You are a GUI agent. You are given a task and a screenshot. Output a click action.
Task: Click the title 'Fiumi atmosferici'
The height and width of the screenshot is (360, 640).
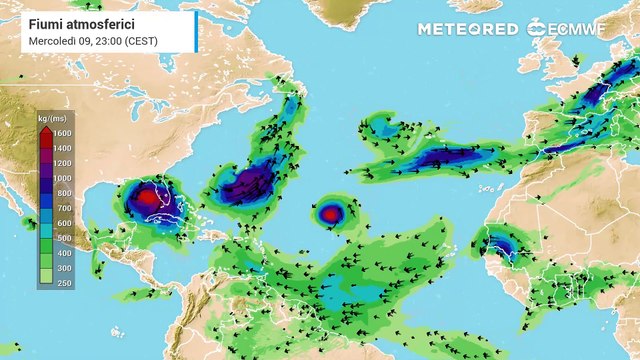77,22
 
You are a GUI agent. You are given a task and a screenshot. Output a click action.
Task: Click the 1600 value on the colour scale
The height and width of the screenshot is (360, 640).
63,133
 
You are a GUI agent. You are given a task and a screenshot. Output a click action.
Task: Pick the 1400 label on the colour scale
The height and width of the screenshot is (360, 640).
63,148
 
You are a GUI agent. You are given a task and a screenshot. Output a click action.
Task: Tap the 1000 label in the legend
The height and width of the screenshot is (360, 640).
63,177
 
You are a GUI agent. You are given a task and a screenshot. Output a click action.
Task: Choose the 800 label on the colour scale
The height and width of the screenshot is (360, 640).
63,192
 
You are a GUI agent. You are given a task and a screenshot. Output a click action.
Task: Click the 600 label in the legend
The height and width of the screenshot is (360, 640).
63,223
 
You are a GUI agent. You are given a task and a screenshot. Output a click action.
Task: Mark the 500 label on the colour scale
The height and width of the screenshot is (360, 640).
63,238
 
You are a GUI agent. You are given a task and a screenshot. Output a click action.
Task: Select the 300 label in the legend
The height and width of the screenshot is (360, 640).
63,268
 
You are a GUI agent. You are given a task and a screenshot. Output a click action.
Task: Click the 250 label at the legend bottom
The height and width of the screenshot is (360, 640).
63,283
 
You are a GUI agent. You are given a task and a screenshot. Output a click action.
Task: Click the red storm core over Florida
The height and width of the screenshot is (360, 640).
147,198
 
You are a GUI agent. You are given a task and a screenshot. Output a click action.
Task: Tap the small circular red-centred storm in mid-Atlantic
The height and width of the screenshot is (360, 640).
331,212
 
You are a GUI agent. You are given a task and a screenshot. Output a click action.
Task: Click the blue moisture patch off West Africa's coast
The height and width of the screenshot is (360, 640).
501,243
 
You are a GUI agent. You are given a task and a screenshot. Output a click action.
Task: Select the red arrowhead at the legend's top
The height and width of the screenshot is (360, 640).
45,129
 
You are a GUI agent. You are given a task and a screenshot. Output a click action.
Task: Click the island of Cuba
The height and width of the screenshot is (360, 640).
175,226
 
